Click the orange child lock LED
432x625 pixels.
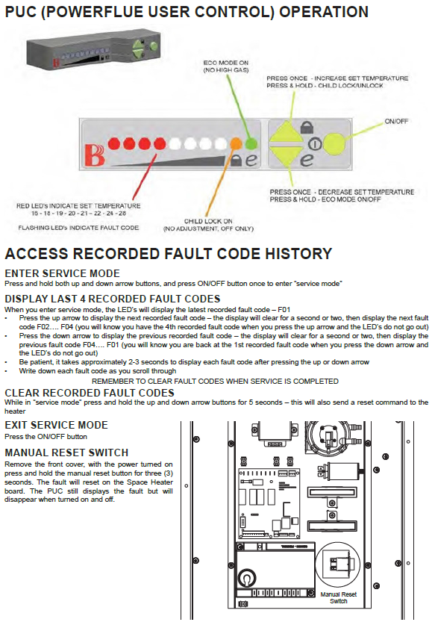[236, 143]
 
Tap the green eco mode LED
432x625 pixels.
[251, 143]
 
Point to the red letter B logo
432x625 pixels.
[94, 155]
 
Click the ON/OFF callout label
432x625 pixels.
[396, 121]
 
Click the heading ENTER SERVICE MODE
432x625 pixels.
[62, 273]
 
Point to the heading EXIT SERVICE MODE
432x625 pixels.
[56, 425]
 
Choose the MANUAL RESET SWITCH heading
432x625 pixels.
[66, 453]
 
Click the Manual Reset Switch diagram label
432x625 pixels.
[339, 597]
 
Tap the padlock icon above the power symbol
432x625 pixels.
[307, 127]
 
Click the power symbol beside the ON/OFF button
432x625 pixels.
[315, 143]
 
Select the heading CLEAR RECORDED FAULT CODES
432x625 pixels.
[90, 393]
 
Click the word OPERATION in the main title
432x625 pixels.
[324, 12]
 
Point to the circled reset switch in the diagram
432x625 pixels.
[338, 565]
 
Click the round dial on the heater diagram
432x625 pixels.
[247, 577]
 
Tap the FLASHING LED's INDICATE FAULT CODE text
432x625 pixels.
[78, 228]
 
